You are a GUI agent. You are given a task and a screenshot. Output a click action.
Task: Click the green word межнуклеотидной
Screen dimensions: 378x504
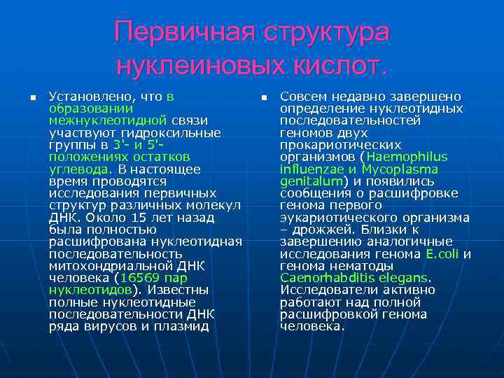click(x=107, y=120)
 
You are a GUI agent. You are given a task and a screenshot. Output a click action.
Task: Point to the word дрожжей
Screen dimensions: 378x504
click(x=330, y=230)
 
